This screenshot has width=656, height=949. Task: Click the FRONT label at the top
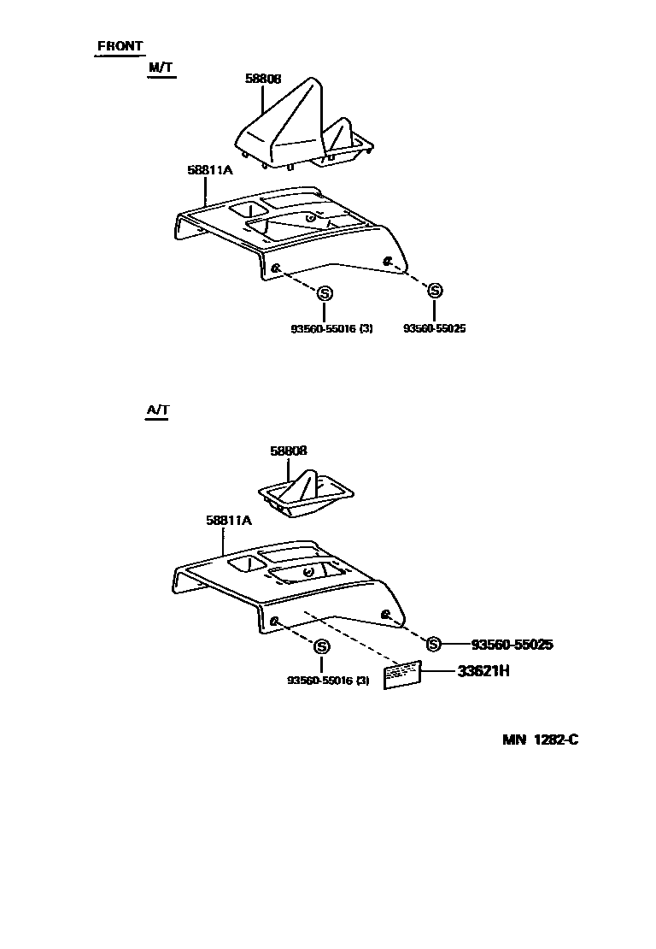[x=120, y=46]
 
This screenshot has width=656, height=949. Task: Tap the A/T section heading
[x=158, y=410]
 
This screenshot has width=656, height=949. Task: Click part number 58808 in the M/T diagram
[x=263, y=78]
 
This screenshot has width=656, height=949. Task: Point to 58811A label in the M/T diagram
[x=209, y=169]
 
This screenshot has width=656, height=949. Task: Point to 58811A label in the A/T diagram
[x=228, y=519]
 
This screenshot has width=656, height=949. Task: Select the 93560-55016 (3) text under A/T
[x=327, y=681]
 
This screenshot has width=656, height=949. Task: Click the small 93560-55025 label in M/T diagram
[x=435, y=328]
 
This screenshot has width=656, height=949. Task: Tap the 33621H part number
[x=483, y=671]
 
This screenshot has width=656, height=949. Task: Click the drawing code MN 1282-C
[x=540, y=740]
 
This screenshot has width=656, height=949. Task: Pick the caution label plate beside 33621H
[x=402, y=675]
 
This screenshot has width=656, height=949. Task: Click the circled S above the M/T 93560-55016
[x=324, y=293]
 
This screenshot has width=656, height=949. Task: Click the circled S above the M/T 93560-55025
[x=435, y=291]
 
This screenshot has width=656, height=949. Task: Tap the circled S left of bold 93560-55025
[x=433, y=644]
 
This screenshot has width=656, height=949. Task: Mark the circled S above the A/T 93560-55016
[x=321, y=646]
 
